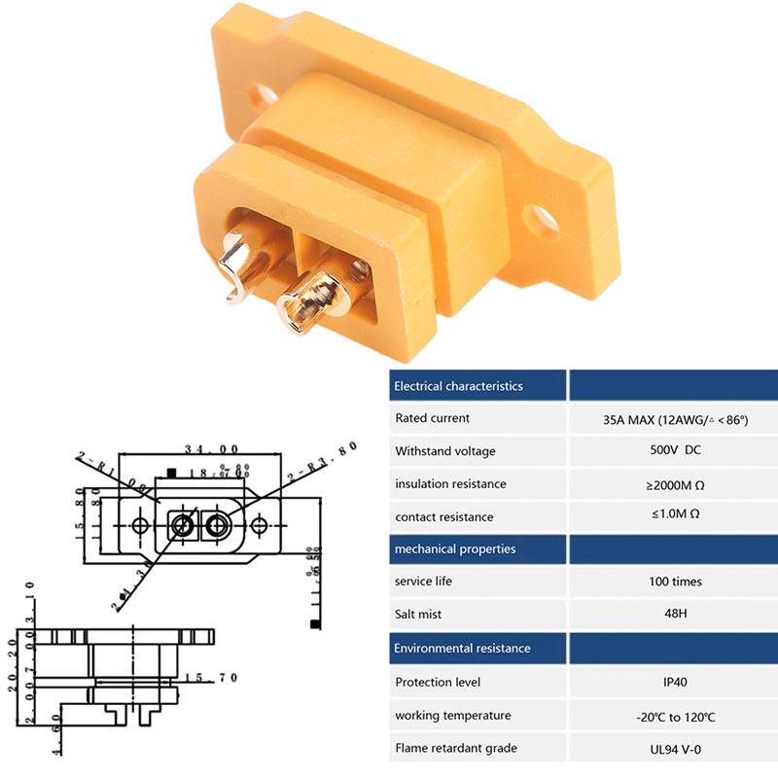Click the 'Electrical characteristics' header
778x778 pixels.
point(458,386)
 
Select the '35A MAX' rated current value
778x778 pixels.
point(675,419)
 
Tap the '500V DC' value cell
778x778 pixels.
point(675,451)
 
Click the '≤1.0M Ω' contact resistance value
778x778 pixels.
point(675,516)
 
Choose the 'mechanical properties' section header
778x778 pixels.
point(454,549)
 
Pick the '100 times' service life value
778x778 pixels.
point(675,582)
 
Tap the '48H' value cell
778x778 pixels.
point(675,615)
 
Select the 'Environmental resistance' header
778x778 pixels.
point(462,648)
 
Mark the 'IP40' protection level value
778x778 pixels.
point(675,683)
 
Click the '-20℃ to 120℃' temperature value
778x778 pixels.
point(675,716)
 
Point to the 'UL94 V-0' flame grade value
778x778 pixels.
point(675,749)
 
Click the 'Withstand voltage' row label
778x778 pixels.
point(444,451)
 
